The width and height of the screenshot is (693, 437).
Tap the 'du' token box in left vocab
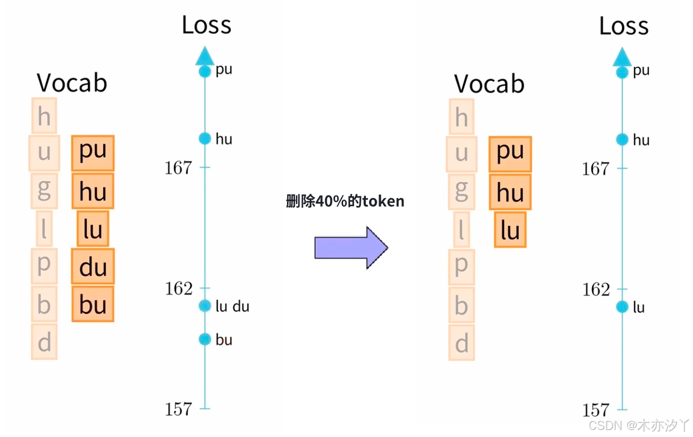93,266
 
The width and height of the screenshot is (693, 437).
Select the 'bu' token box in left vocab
93,304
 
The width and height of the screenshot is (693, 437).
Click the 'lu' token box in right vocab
510,230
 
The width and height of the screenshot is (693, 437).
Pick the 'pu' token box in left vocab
93,153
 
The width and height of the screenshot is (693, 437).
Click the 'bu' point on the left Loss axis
204,340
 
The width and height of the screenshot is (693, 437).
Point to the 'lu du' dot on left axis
204,306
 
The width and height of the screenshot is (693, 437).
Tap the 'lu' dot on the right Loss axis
622,307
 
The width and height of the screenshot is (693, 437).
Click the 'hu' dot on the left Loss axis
204,139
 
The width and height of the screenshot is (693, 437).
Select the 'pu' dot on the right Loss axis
622,72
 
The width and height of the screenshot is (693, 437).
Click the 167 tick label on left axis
179,168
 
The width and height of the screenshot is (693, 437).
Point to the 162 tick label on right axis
596,290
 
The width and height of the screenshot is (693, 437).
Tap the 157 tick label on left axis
179,409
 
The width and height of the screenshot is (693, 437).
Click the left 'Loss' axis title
206,25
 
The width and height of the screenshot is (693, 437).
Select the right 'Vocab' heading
489,84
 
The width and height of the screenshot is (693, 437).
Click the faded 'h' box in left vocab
44,115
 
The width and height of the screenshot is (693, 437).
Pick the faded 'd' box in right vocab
461,343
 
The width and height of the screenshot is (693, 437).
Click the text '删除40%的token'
345,201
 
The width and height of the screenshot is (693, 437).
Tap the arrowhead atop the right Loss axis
622,56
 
